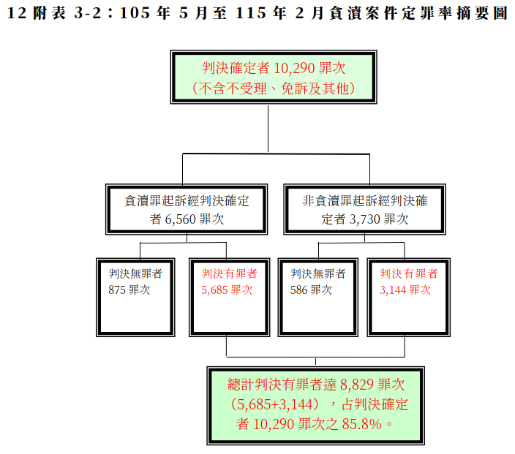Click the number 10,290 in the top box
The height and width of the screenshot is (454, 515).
(x=296, y=69)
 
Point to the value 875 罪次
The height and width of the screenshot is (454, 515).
(x=129, y=290)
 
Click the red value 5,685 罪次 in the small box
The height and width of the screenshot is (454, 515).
(x=227, y=290)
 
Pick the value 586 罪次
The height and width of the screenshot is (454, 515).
(x=311, y=290)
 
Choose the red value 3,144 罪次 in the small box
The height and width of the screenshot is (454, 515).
(x=405, y=290)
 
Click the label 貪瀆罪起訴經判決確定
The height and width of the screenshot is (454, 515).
(x=188, y=200)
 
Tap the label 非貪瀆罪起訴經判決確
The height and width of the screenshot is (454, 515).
(x=364, y=200)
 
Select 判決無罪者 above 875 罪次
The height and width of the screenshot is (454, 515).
(x=135, y=274)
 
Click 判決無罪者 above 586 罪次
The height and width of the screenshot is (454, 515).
(x=318, y=274)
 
